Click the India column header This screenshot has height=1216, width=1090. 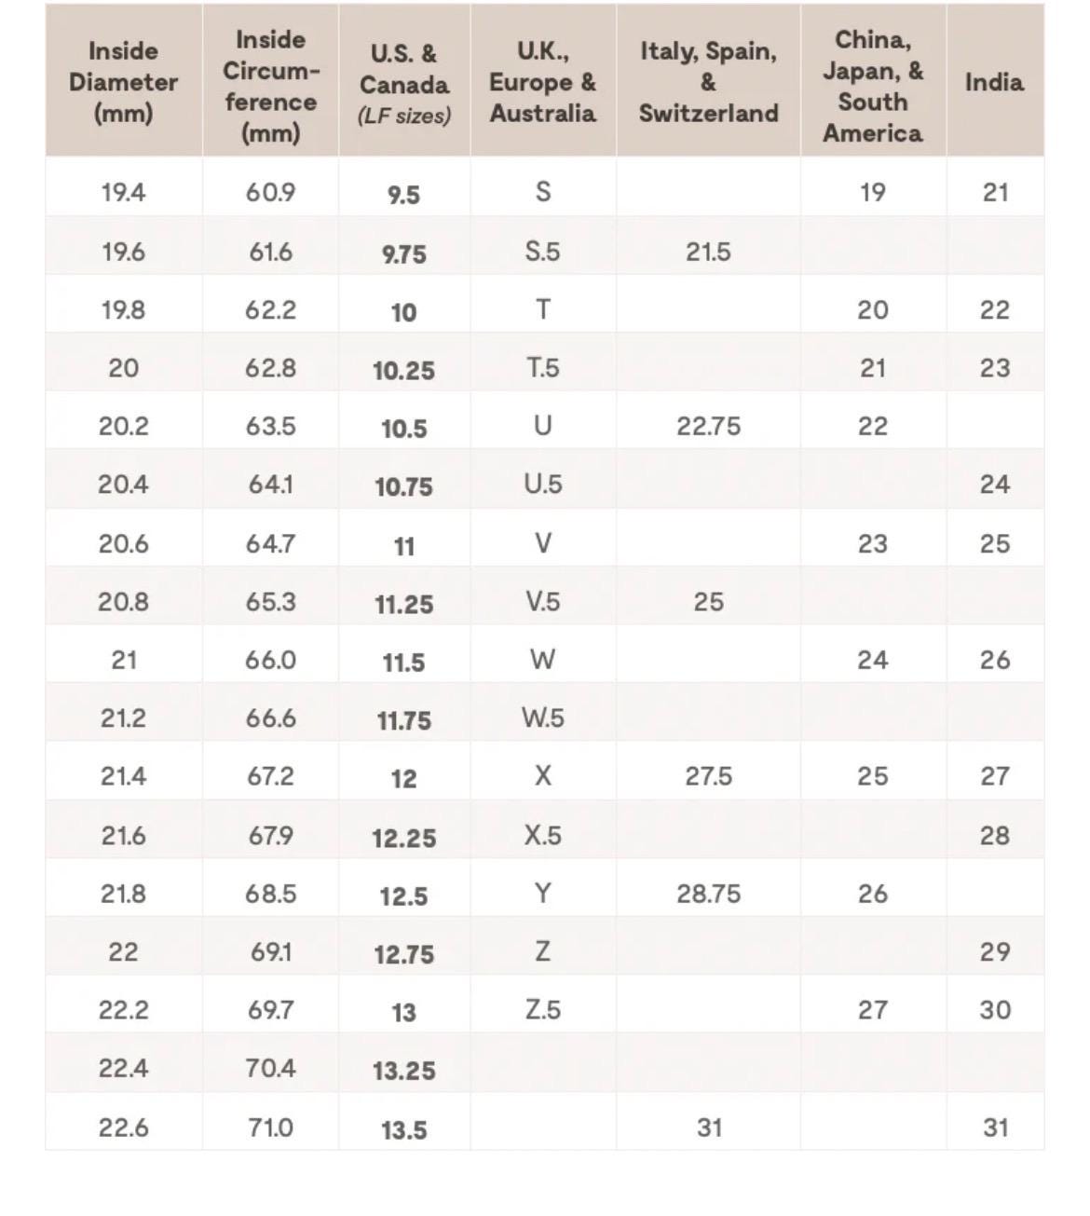[x=994, y=82]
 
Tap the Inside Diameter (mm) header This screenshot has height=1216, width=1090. [x=123, y=82]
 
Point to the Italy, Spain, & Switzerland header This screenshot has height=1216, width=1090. [x=708, y=82]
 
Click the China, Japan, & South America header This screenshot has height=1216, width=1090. [x=872, y=86]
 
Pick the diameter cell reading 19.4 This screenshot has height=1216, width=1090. [x=123, y=193]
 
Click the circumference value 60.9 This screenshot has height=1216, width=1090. [x=270, y=193]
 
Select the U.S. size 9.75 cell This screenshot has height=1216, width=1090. [x=403, y=253]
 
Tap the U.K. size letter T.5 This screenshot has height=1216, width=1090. [x=542, y=368]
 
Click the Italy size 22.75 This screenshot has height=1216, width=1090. [x=708, y=427]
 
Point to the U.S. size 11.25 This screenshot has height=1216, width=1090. [x=403, y=604]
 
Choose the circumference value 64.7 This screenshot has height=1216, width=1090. [x=270, y=543]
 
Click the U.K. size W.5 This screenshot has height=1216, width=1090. [x=542, y=718]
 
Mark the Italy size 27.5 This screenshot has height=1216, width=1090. [x=708, y=776]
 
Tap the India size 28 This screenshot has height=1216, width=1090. [x=994, y=835]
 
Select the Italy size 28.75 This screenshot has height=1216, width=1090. [x=708, y=894]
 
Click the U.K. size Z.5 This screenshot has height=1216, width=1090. [x=542, y=1010]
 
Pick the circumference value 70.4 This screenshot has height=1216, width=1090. [x=270, y=1068]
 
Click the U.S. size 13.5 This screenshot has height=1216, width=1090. [x=403, y=1129]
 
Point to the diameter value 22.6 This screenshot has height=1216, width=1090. [x=123, y=1127]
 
